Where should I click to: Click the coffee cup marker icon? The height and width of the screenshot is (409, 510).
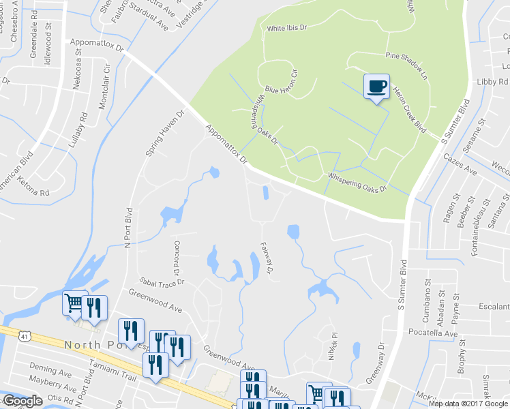(x=376, y=87)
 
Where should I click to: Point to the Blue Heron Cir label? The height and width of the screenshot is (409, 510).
(x=282, y=81)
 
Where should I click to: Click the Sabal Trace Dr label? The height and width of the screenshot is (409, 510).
(x=162, y=280)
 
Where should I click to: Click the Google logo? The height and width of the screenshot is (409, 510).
(x=22, y=401)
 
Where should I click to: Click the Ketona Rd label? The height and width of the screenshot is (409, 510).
(x=35, y=193)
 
